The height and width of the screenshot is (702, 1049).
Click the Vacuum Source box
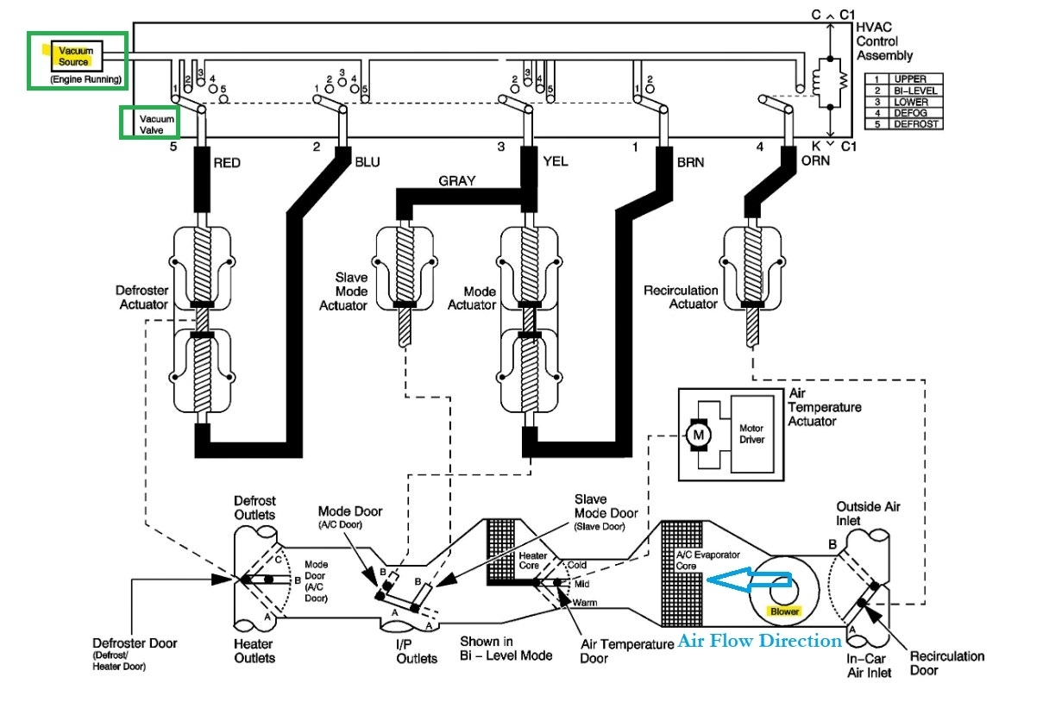[76, 57]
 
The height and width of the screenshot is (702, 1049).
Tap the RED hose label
[227, 161]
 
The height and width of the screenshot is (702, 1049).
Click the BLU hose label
[366, 161]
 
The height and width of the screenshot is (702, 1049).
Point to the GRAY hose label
[457, 182]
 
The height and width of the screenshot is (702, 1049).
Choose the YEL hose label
[555, 161]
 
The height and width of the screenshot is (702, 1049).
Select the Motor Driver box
[751, 433]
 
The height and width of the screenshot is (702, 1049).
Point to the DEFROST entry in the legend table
[916, 124]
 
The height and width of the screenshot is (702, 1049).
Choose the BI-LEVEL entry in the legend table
[916, 91]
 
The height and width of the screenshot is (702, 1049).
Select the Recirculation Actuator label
[682, 298]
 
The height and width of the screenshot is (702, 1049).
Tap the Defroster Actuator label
[142, 298]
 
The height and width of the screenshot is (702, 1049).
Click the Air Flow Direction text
[759, 641]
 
